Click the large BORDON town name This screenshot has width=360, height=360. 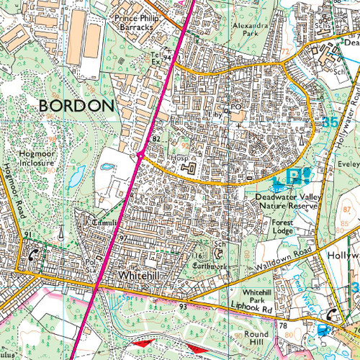coord(76,106)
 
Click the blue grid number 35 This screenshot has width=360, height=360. coord(330,122)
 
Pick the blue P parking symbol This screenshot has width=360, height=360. coord(293,176)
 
